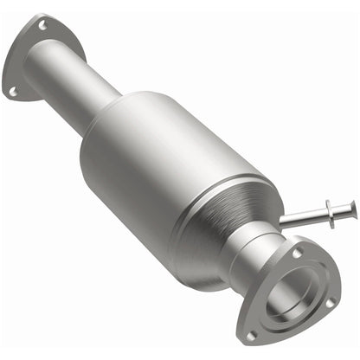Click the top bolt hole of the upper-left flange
(42, 26)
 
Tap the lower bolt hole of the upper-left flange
(13, 89)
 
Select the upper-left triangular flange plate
(21, 61)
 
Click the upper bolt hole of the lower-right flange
(297, 252)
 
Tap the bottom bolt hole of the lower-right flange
(251, 332)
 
